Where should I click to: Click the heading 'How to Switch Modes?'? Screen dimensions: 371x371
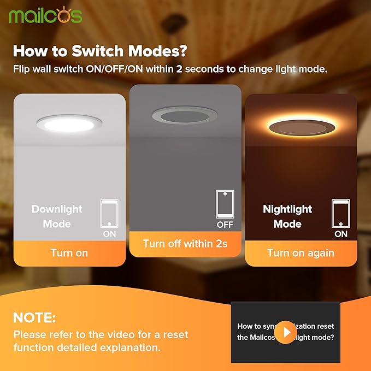pyautogui.click(x=100, y=51)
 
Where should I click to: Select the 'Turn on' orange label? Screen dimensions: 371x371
pyautogui.click(x=69, y=253)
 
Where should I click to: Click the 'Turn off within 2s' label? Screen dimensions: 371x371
pyautogui.click(x=185, y=244)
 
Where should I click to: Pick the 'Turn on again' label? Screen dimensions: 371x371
pyautogui.click(x=301, y=253)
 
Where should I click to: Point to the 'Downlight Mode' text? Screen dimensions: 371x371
pyautogui.click(x=57, y=216)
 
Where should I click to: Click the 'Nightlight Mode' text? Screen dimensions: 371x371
pyautogui.click(x=287, y=216)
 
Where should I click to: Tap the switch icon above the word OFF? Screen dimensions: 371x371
pyautogui.click(x=225, y=204)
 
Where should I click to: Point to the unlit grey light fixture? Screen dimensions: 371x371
pyautogui.click(x=185, y=116)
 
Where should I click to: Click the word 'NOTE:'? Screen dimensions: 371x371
pyautogui.click(x=34, y=317)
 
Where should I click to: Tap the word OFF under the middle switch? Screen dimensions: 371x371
pyautogui.click(x=225, y=225)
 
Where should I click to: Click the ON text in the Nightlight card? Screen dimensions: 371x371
pyautogui.click(x=340, y=234)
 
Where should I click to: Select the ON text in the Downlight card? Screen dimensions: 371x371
pyautogui.click(x=109, y=234)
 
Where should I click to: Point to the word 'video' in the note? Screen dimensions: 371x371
pyautogui.click(x=110, y=334)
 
